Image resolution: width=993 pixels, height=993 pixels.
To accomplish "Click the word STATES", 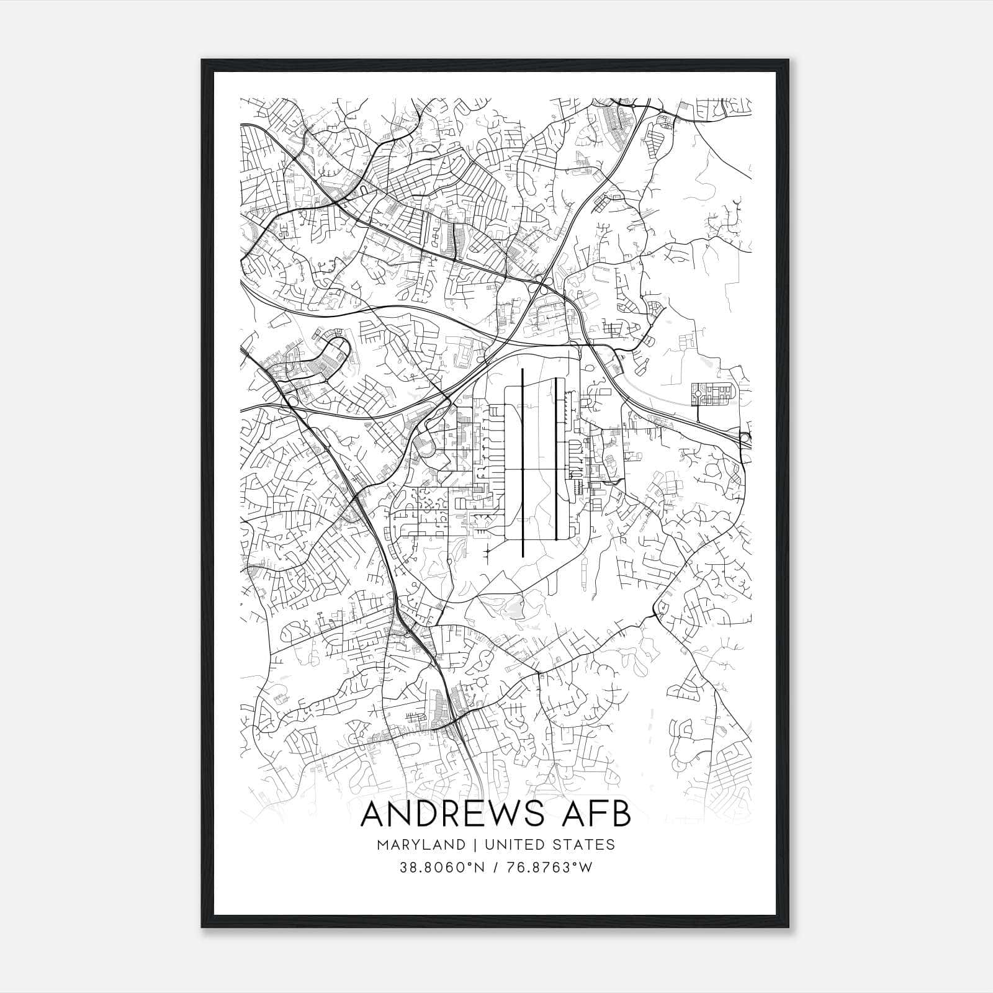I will (x=586, y=845).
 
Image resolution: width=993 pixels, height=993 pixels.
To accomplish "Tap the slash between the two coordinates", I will (x=496, y=868).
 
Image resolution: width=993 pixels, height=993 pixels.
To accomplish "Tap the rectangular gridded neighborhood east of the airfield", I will (x=713, y=394).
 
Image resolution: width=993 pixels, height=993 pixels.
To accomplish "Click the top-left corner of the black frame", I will (x=203, y=61).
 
